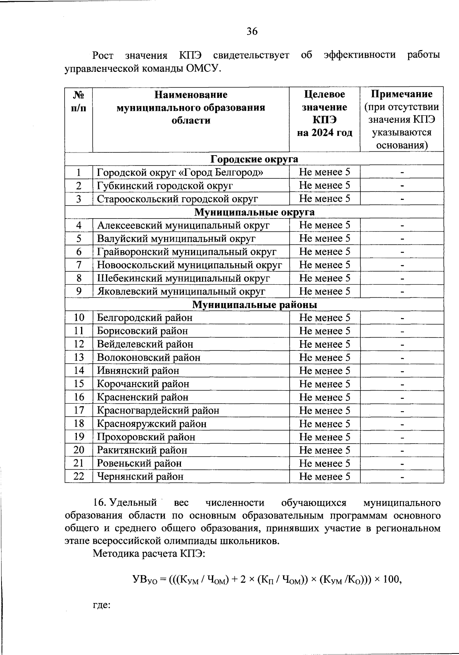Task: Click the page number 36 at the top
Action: (252, 31)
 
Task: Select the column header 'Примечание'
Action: (402, 94)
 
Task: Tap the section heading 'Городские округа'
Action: (254, 159)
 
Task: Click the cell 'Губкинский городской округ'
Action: (165, 186)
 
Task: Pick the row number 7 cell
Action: (79, 265)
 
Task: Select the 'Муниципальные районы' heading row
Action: (254, 305)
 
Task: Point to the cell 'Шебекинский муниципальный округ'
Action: (184, 278)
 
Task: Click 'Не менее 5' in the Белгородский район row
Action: (324, 318)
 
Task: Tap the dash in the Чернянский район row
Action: (402, 477)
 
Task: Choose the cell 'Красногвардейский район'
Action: (158, 410)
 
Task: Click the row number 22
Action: (79, 477)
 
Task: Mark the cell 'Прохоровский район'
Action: (146, 437)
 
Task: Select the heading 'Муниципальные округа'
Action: (254, 212)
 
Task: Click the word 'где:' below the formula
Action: (102, 606)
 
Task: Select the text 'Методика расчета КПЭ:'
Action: (149, 554)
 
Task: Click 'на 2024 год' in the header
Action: (324, 133)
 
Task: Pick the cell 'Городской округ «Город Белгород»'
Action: (180, 172)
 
